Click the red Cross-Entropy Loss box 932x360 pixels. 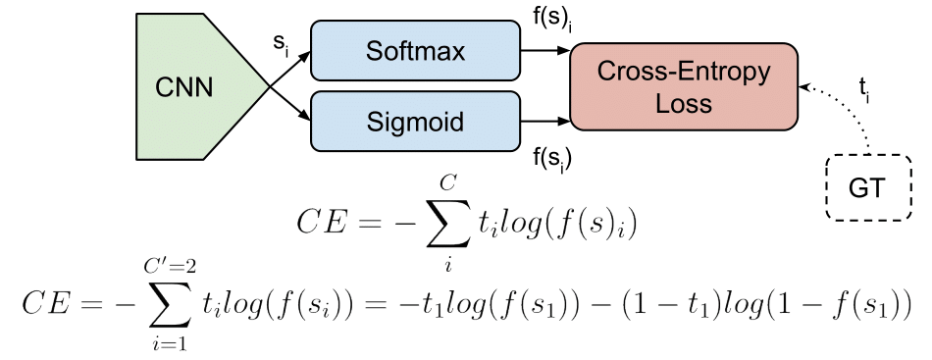(x=685, y=86)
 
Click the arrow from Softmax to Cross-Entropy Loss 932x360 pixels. (x=544, y=45)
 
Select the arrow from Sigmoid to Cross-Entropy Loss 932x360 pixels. (x=544, y=124)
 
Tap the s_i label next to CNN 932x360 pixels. (x=282, y=44)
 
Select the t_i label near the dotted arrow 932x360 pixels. (x=864, y=90)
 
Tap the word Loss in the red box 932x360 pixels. (x=685, y=102)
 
